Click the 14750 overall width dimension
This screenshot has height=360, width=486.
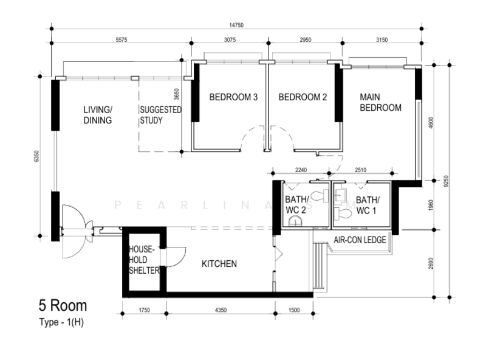click(236, 25)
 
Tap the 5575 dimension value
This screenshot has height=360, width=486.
click(121, 40)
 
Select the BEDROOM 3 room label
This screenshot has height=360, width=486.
click(233, 97)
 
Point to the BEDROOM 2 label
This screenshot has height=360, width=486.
click(303, 97)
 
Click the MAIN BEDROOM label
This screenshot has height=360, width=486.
click(381, 102)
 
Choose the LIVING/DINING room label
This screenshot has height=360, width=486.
click(98, 115)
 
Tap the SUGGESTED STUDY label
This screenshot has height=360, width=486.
click(160, 115)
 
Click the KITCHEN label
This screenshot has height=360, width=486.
click(219, 264)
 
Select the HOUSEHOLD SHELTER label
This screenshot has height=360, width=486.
click(144, 260)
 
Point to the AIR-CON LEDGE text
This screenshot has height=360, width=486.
click(360, 240)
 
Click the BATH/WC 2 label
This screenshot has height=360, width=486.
click(296, 205)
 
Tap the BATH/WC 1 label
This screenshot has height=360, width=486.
click(368, 205)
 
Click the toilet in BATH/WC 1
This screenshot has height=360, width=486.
click(343, 214)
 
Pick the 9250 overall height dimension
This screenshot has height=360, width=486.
click(446, 181)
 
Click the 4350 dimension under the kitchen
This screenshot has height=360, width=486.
click(221, 310)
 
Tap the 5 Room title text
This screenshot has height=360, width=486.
click(63, 305)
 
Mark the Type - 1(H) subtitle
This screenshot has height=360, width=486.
click(61, 322)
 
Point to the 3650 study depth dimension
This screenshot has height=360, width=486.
click(176, 94)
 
